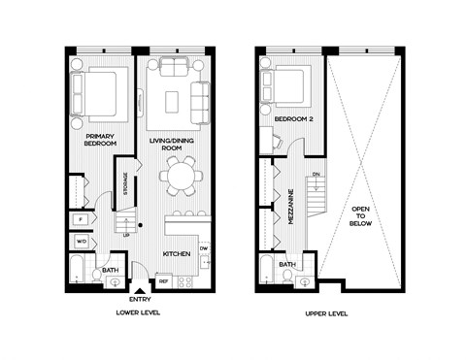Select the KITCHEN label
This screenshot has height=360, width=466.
(x=175, y=254)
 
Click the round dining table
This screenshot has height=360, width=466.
(x=180, y=177)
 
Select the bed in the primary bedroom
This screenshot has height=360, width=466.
(x=96, y=93)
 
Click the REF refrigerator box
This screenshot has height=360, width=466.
(x=163, y=282)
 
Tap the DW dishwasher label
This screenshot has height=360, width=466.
(x=204, y=248)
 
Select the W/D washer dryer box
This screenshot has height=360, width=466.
(x=82, y=240)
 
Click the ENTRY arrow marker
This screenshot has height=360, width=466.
(x=141, y=288)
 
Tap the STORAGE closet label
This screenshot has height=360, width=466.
(x=124, y=183)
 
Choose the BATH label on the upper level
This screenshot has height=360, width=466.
(x=288, y=264)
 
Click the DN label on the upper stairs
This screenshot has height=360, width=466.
(x=316, y=175)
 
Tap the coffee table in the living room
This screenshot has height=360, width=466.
(x=172, y=100)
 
